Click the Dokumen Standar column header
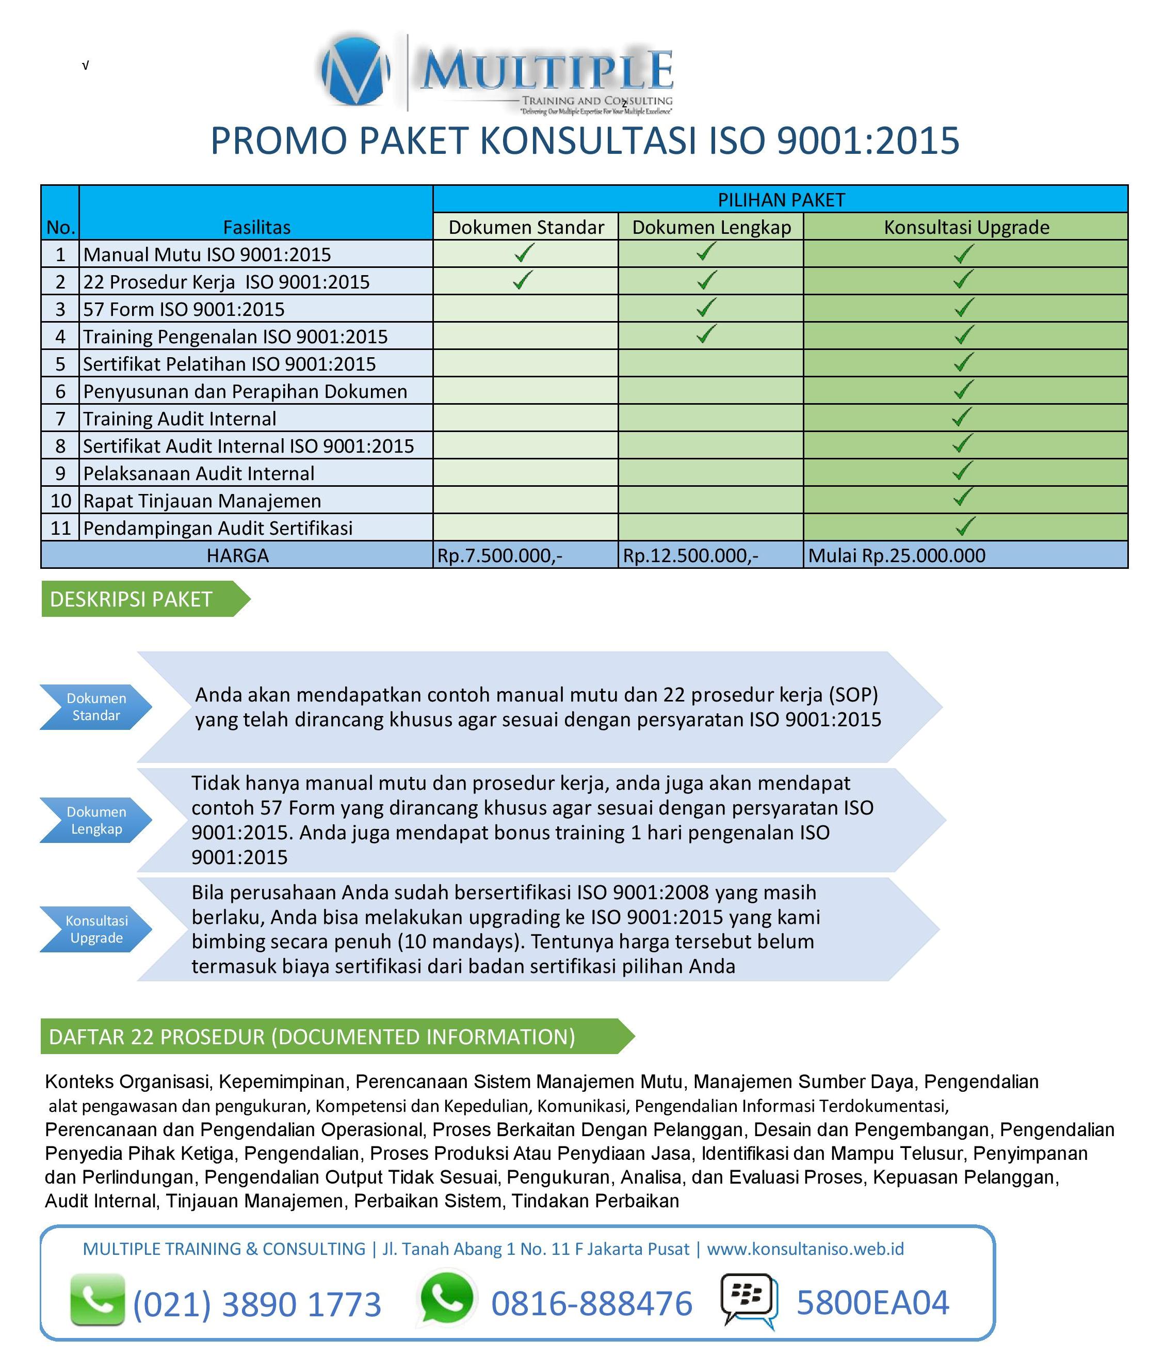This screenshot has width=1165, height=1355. tap(526, 227)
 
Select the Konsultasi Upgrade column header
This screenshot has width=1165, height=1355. tap(966, 227)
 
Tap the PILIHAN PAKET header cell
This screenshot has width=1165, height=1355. tap(781, 199)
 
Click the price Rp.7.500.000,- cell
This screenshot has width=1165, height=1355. tap(499, 555)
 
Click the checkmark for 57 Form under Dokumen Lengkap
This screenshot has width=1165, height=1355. tap(706, 307)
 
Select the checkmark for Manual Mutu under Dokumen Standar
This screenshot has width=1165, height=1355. tap(524, 252)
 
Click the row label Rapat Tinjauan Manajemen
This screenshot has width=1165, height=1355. tap(202, 500)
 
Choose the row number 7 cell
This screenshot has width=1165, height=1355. tap(60, 419)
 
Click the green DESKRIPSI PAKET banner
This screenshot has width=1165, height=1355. tap(137, 599)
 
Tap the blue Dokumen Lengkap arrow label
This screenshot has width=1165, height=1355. tap(96, 820)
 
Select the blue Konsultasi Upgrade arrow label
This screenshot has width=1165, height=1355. tap(96, 929)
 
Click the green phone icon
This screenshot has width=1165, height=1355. tap(98, 1299)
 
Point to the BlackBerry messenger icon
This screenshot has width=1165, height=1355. tap(749, 1299)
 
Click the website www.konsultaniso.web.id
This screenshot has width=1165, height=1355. tap(805, 1248)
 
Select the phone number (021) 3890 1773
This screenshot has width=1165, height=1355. tap(257, 1303)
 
